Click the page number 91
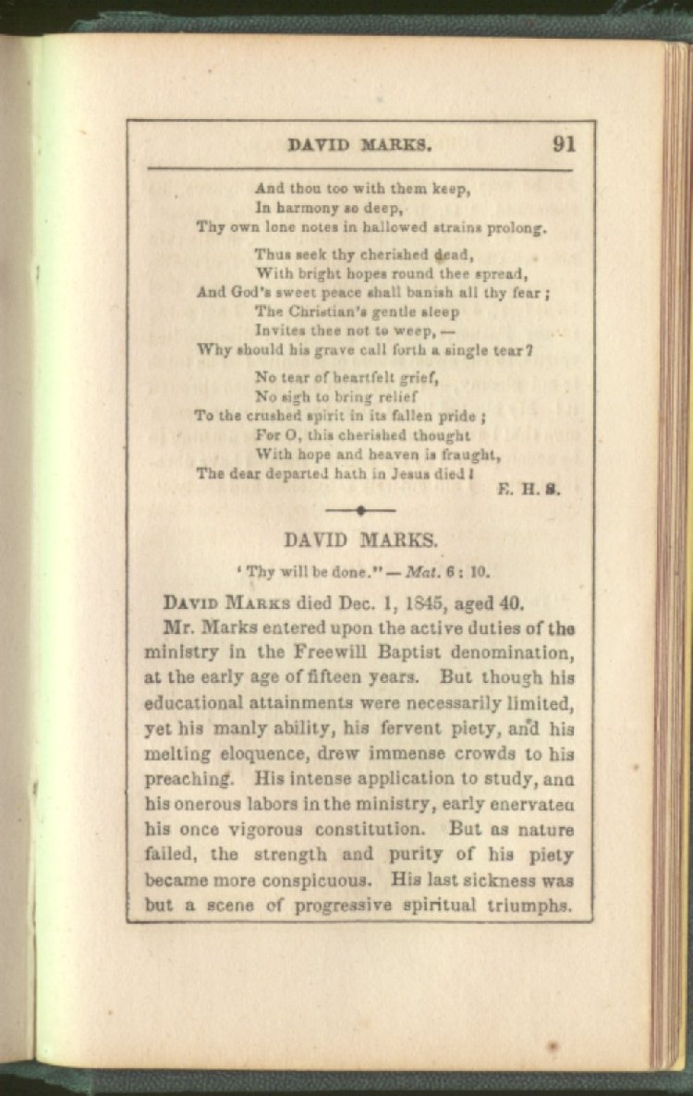pyautogui.click(x=564, y=144)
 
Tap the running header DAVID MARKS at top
pyautogui.click(x=360, y=145)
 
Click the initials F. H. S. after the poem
pyautogui.click(x=537, y=491)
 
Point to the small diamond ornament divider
pyautogui.click(x=360, y=510)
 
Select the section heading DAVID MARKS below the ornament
pyautogui.click(x=360, y=541)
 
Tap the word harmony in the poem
pyautogui.click(x=311, y=208)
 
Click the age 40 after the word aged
pyautogui.click(x=510, y=603)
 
